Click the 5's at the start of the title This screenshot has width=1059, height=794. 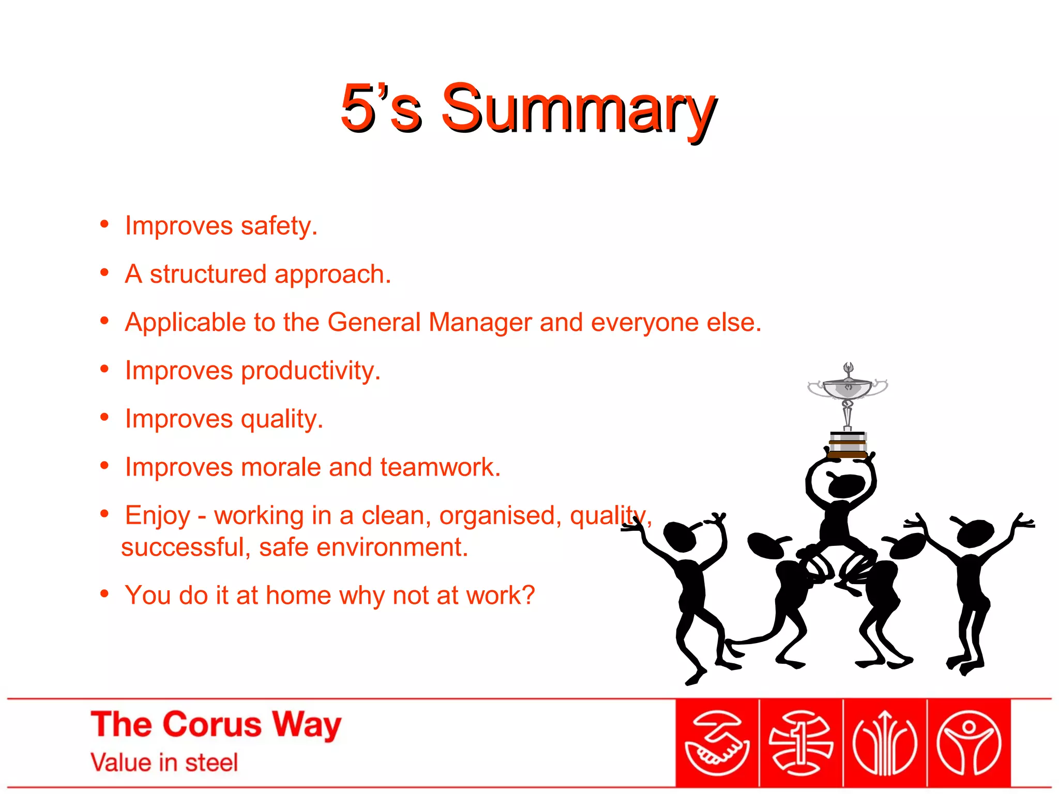click(x=380, y=109)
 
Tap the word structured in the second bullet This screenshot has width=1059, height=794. click(x=208, y=274)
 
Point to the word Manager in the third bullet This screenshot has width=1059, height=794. click(x=480, y=323)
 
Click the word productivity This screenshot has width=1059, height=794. click(x=310, y=371)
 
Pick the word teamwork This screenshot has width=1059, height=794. click(x=440, y=467)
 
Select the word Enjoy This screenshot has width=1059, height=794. click(x=158, y=516)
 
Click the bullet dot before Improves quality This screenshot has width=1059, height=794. click(x=104, y=417)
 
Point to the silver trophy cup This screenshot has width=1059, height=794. click(x=848, y=389)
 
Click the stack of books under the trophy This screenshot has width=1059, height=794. click(x=848, y=445)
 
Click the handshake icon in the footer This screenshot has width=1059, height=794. click(x=717, y=743)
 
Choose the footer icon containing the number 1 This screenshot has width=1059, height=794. click(x=800, y=743)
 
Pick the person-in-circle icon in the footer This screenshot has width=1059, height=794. click(x=969, y=743)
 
